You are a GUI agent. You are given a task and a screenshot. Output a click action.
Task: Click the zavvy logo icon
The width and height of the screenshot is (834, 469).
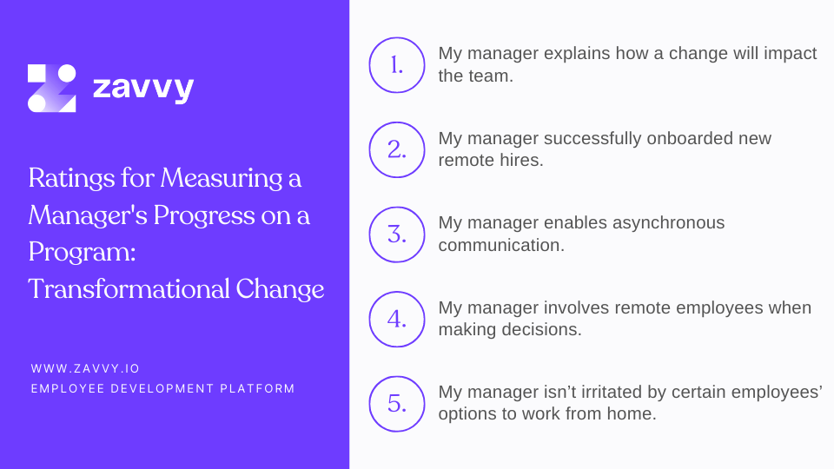51,88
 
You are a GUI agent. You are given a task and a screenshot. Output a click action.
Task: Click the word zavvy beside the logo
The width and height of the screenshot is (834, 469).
142,89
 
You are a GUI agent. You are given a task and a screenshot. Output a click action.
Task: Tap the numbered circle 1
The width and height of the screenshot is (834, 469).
397,65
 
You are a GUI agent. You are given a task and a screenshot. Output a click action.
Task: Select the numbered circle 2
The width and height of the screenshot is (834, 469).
397,149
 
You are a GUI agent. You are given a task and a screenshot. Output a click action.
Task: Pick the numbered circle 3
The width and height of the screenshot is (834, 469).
397,234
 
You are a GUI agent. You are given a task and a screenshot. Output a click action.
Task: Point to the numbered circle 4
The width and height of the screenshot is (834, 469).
397,319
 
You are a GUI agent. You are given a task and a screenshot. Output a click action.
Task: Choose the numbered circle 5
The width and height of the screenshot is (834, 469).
397,404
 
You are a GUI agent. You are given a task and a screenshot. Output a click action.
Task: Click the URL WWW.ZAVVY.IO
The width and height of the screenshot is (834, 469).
85,368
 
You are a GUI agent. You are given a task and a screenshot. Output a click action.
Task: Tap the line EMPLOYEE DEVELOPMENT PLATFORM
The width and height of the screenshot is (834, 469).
162,388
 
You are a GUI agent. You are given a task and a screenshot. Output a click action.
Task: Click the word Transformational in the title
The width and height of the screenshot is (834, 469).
129,288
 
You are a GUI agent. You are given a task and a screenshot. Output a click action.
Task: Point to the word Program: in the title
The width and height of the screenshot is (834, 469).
77,252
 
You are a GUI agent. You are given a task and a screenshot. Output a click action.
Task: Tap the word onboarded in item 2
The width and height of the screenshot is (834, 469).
690,138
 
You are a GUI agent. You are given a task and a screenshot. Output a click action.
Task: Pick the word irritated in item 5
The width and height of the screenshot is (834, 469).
616,393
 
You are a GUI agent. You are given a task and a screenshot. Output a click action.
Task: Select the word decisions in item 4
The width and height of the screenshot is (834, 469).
545,329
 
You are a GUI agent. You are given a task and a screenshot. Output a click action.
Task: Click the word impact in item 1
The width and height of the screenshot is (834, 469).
791,53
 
